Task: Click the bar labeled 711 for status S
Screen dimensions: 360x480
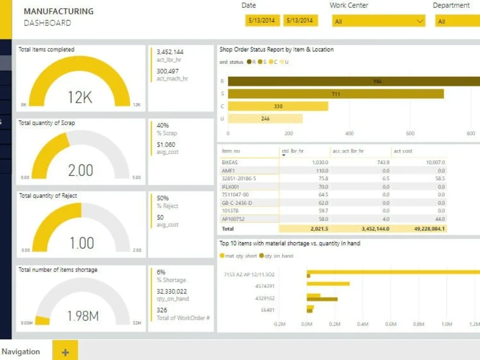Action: point(336,94)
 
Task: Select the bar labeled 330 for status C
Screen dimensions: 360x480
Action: point(278,106)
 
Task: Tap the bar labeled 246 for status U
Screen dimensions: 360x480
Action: point(265,119)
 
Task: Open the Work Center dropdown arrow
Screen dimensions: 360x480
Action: point(420,21)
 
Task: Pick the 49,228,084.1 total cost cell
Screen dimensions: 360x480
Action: point(426,229)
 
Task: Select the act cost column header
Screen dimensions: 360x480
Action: point(404,151)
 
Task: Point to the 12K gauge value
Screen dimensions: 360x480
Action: point(80,97)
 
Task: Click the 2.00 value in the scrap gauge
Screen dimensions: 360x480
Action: point(80,170)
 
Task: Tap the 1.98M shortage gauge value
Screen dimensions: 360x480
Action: point(83,316)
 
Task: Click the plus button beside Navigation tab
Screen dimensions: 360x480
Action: point(65,352)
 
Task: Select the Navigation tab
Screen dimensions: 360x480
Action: point(21,352)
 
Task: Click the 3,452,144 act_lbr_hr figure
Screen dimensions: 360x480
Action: point(170,52)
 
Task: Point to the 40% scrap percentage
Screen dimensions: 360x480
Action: point(163,125)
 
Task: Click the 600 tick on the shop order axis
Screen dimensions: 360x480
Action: point(410,133)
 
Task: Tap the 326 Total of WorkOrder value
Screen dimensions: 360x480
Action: point(162,310)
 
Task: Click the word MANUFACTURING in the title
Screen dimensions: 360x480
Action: point(59,12)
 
